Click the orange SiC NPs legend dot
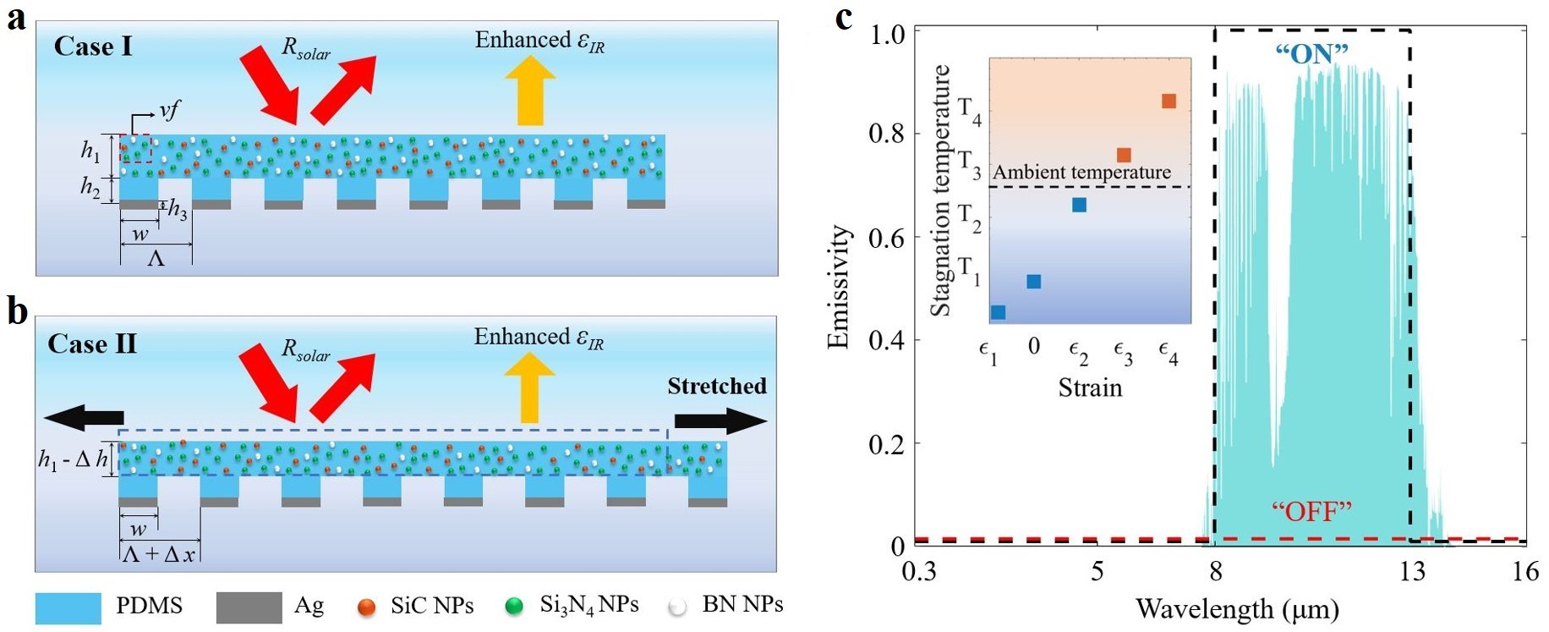coord(366,607)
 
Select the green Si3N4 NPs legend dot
coord(514,607)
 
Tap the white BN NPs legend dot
coord(677,607)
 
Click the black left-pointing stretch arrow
coord(84,417)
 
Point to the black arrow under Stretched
coord(720,420)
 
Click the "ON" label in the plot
coord(1311,54)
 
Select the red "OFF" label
coord(1311,511)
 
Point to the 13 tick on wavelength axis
coord(1411,572)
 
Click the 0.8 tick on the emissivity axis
coord(887,134)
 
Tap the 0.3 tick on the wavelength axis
coord(919,572)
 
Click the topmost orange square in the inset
coord(1169,102)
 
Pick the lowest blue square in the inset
coord(998,312)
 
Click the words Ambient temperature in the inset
coord(1081,173)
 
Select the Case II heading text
coord(92,343)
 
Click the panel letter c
coord(843,17)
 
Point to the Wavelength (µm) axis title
coord(1237,608)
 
